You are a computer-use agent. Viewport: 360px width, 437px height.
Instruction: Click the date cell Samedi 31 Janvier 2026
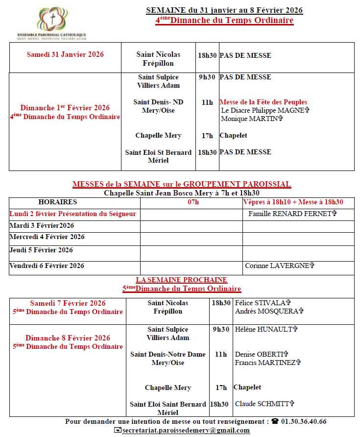pyautogui.click(x=65, y=54)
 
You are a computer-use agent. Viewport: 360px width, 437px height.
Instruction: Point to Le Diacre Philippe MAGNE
pyautogui.click(x=265, y=111)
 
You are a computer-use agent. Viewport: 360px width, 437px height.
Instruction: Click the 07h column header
pyautogui.click(x=193, y=202)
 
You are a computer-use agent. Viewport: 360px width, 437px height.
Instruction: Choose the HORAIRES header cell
pyautogui.click(x=58, y=202)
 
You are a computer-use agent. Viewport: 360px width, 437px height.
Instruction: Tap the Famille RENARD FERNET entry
pyautogui.click(x=292, y=214)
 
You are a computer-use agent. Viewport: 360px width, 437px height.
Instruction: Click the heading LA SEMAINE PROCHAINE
pyautogui.click(x=182, y=280)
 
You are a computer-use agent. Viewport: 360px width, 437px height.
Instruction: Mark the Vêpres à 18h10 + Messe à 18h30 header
pyautogui.click(x=300, y=202)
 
